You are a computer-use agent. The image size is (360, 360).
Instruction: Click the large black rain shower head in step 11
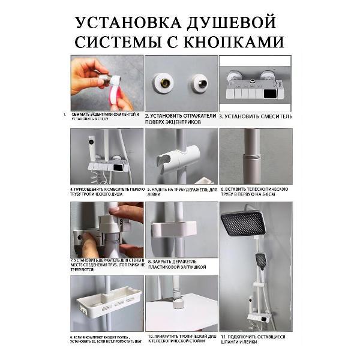(243, 223)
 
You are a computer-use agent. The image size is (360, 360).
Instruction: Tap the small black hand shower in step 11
(261, 260)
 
